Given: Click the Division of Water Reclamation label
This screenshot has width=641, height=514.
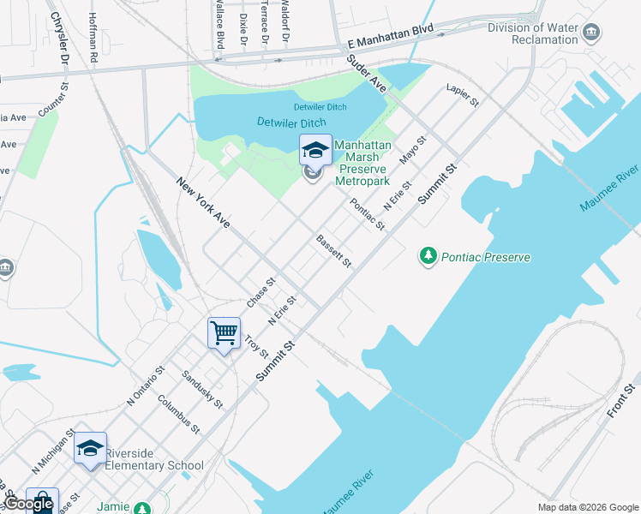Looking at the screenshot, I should pos(533,33).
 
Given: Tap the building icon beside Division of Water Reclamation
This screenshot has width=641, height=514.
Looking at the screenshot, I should pos(591,33).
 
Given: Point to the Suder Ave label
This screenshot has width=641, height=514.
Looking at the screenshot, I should pos(367,74).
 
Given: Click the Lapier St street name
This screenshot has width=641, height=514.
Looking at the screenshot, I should pos(463,95).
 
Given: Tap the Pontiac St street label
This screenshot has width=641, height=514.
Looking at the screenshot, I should pos(368,214).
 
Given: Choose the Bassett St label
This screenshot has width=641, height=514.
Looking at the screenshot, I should pos(334,250).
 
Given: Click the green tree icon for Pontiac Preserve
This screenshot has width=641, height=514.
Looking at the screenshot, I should pos(428,255).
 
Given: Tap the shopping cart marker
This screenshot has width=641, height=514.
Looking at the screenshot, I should pos(224,332).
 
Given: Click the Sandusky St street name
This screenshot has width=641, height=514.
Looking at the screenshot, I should pos(202,389).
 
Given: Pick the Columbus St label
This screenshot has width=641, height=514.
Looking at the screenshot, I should pos(178,417).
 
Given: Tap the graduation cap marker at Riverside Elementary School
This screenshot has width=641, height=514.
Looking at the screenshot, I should pos(90,448).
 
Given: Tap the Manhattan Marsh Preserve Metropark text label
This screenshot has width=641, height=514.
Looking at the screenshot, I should pos(362,164).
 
